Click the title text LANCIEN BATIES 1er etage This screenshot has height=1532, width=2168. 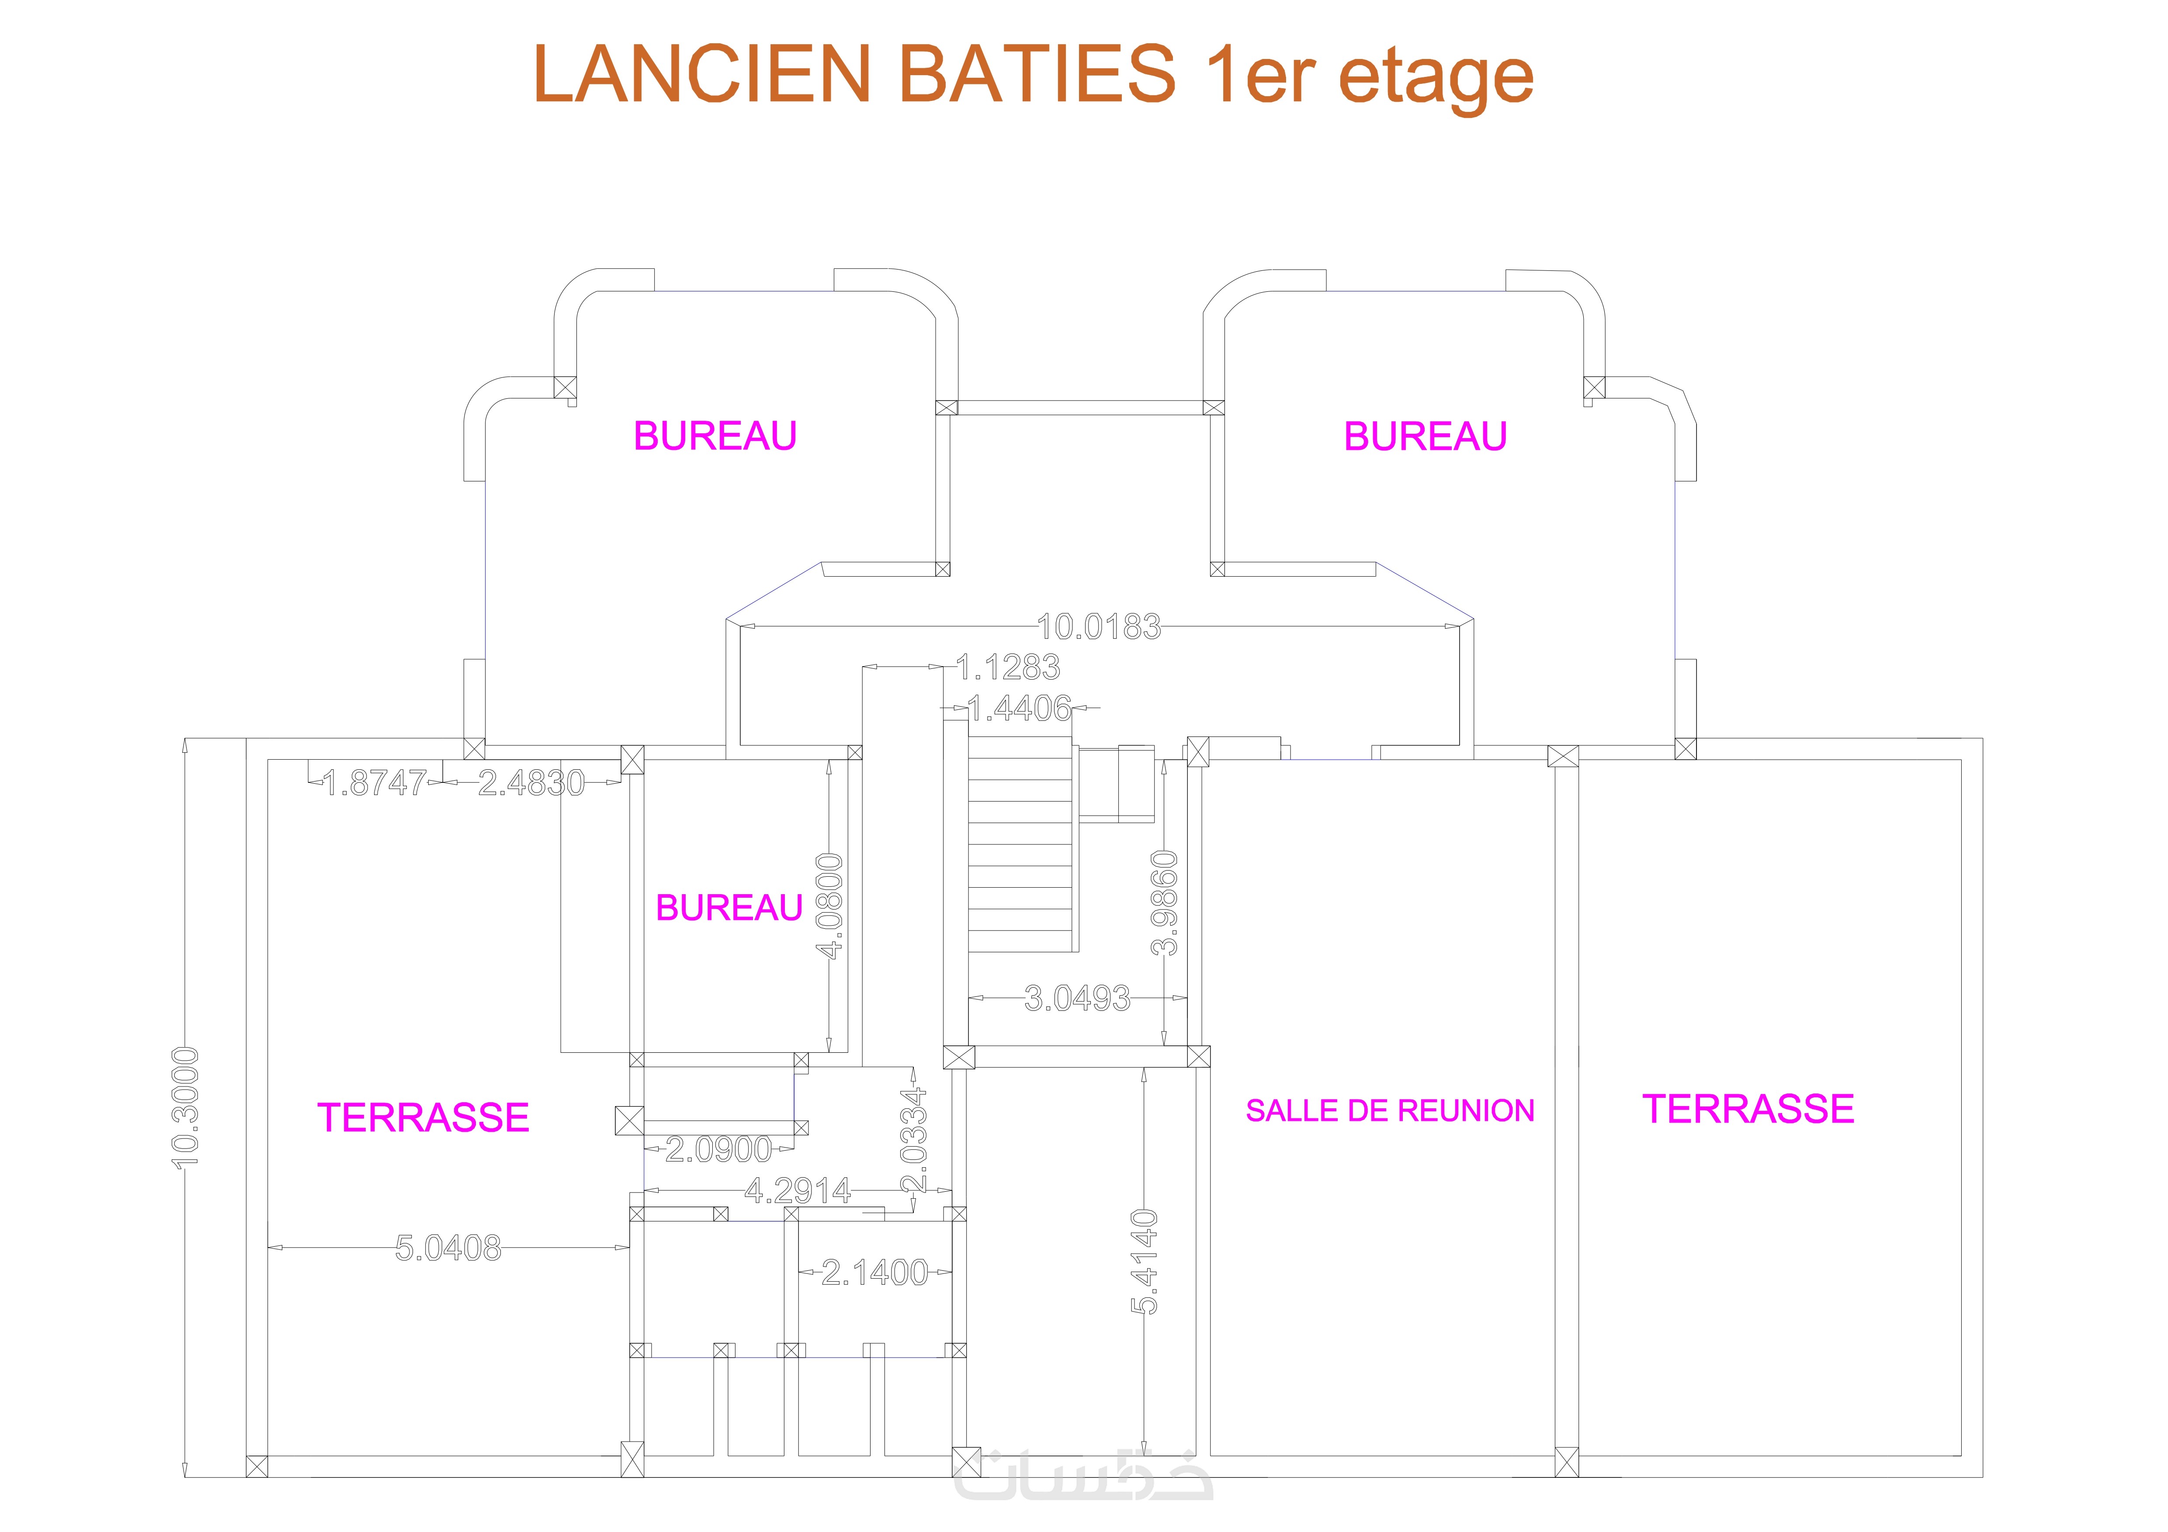1033,76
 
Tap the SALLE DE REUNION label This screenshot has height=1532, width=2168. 1390,1111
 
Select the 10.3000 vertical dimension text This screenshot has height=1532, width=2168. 186,1107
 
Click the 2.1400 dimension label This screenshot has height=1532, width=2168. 874,1273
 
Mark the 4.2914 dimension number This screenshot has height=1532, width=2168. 798,1191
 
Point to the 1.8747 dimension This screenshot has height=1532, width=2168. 375,782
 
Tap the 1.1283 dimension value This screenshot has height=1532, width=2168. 1009,667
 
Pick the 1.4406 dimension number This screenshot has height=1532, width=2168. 1021,708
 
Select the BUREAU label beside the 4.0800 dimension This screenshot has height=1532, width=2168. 729,908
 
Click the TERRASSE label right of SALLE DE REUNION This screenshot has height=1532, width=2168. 1748,1109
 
